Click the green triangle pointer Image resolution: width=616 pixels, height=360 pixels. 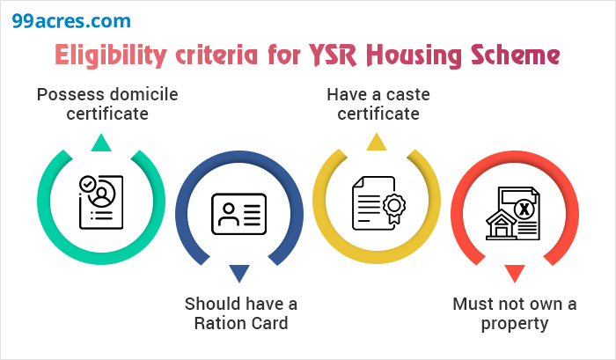101,143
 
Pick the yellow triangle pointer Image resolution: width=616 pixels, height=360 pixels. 377,143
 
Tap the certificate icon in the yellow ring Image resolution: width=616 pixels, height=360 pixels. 377,202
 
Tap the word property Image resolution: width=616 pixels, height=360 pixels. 514,323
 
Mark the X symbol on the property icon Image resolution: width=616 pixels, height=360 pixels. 524,209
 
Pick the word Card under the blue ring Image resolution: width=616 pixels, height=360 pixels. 269,323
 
